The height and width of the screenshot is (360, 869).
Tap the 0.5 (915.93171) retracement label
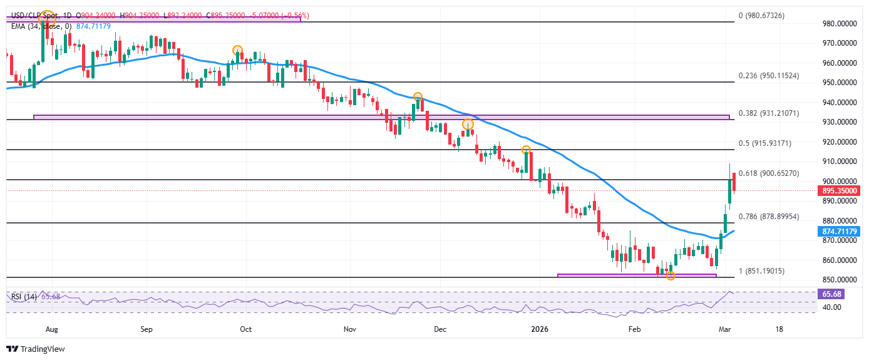765,143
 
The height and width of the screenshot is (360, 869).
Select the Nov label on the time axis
350,329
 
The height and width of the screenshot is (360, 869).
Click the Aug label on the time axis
52,329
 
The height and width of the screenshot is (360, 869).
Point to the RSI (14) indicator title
24,296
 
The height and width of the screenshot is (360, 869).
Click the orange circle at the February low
671,275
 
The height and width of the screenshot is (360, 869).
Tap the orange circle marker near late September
237,50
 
